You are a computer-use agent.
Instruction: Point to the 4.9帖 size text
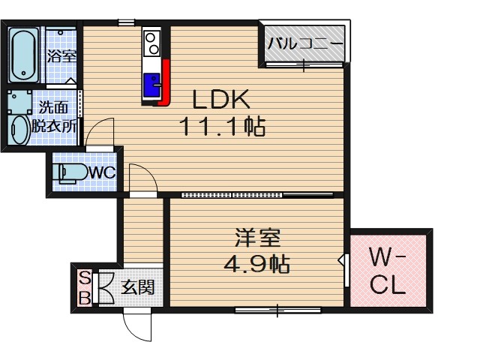[x=255, y=264]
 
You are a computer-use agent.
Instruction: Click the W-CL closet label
[x=388, y=271]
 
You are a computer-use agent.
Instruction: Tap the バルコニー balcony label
[x=305, y=43]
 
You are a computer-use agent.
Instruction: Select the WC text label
[x=102, y=172]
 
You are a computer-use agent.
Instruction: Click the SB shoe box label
[x=85, y=287]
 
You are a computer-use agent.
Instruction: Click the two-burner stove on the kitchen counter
[x=151, y=43]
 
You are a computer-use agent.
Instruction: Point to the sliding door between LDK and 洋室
[x=247, y=195]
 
